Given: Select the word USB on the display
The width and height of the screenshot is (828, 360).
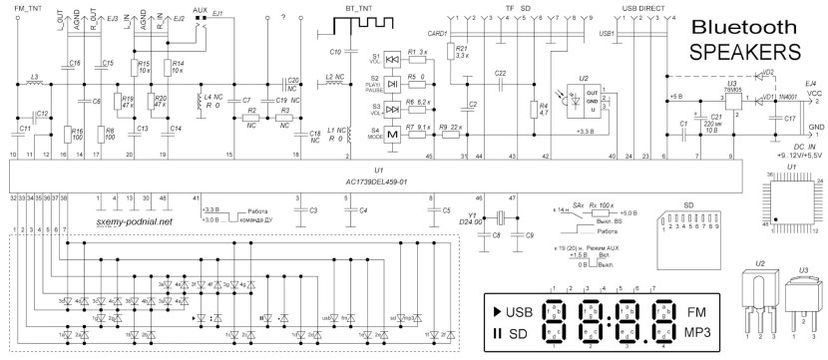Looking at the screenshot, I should [x=520, y=312].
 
